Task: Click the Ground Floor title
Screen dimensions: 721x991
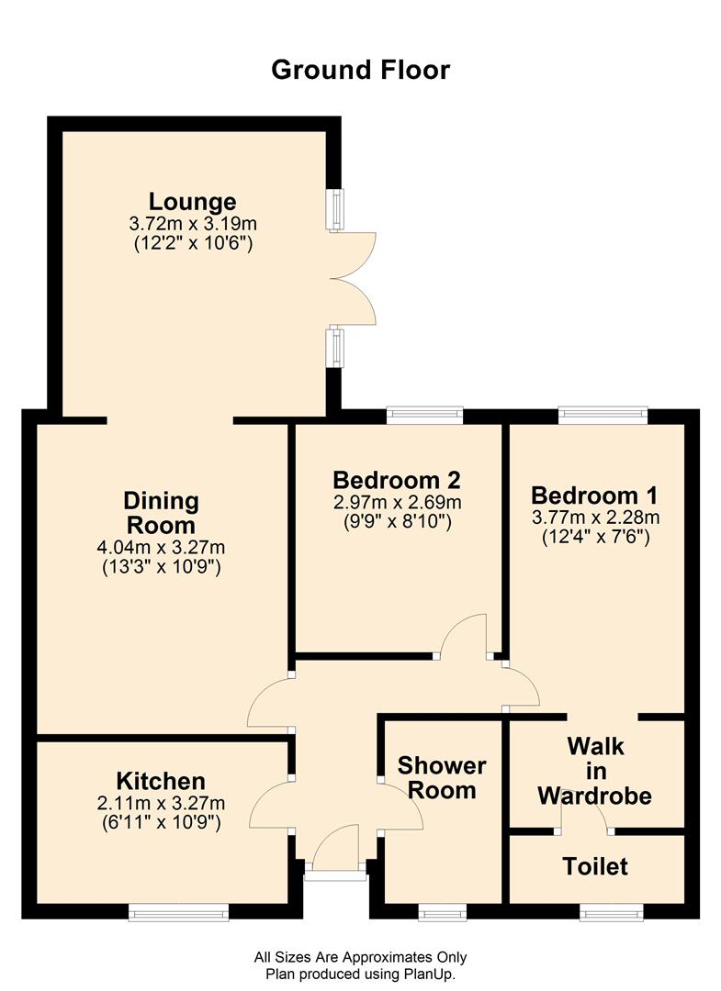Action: [x=360, y=70]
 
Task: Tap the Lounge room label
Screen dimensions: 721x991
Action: [x=192, y=202]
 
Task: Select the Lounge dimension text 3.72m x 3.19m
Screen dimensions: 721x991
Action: [x=193, y=224]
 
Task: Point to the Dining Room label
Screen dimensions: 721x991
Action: [x=162, y=513]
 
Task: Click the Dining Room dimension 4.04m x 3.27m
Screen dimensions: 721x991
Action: [x=162, y=547]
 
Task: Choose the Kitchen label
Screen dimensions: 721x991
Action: [x=162, y=781]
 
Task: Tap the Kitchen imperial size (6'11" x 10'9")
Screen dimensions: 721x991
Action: [x=162, y=822]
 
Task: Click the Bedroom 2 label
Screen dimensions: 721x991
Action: [x=397, y=480]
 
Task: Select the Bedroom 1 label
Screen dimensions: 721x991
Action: [x=594, y=495]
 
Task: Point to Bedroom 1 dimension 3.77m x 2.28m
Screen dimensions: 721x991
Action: [x=596, y=518]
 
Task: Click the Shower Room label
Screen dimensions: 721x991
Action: [x=442, y=778]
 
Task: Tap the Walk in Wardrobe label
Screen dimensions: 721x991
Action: [x=595, y=771]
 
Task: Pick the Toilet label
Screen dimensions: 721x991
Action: [x=595, y=866]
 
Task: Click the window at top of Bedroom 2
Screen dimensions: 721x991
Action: [x=425, y=415]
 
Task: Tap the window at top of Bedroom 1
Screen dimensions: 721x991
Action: [x=603, y=415]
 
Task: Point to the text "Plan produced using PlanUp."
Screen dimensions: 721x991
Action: [x=360, y=974]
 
